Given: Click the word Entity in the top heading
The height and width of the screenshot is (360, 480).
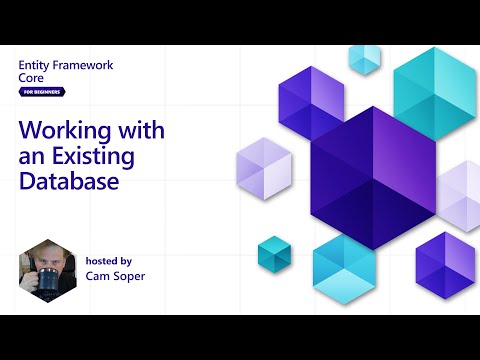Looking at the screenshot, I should (34, 64).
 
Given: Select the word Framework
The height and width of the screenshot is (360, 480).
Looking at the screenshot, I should (83, 64).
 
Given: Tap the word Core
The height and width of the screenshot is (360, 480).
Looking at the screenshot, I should (32, 78).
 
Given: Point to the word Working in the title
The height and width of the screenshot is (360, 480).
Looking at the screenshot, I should (61, 131).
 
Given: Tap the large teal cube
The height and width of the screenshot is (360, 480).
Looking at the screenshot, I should (434, 92).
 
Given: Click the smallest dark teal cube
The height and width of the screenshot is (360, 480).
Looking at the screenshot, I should (273, 253).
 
